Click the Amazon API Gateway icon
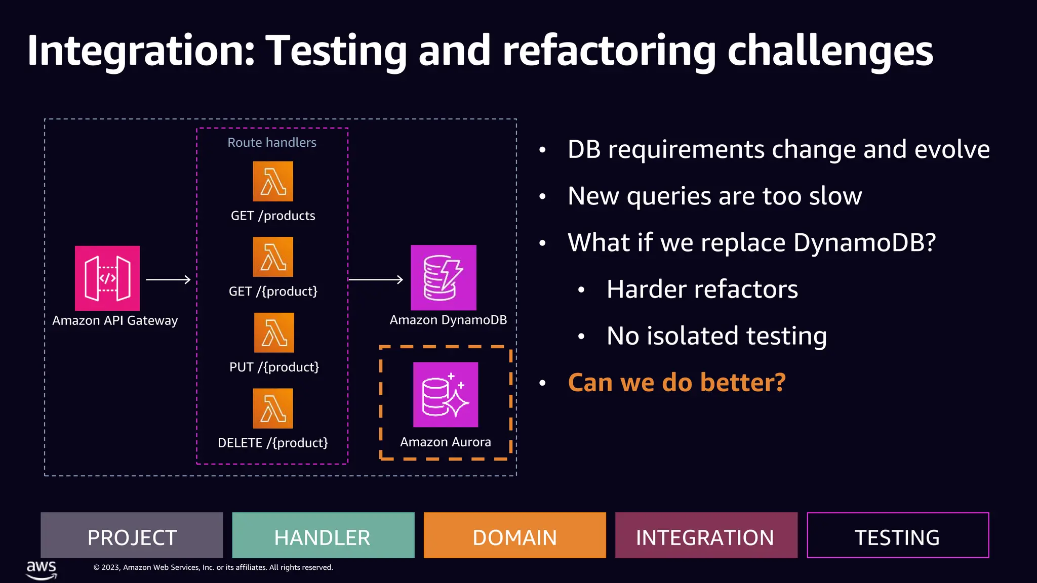tap(107, 278)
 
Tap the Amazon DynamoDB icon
tap(444, 277)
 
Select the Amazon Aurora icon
tap(446, 394)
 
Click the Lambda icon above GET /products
tap(273, 181)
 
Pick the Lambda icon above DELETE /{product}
tap(273, 408)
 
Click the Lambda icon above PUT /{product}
tap(274, 332)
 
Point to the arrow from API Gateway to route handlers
tap(168, 279)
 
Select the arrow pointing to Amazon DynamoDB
tap(376, 279)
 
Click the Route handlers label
tap(272, 143)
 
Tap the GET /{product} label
tap(273, 291)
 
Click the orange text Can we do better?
tap(676, 383)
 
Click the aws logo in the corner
tap(42, 569)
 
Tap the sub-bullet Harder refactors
tap(702, 289)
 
